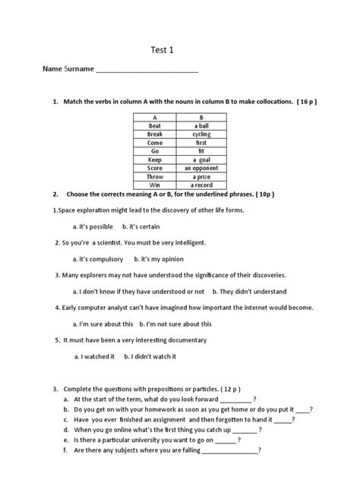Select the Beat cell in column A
[155, 126]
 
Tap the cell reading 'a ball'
[201, 126]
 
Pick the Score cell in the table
[155, 168]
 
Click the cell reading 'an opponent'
[201, 168]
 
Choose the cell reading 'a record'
[201, 185]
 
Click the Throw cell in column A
[155, 176]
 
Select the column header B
[201, 118]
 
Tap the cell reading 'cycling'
[201, 134]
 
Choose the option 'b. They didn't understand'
[249, 291]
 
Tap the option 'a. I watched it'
[95, 355]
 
